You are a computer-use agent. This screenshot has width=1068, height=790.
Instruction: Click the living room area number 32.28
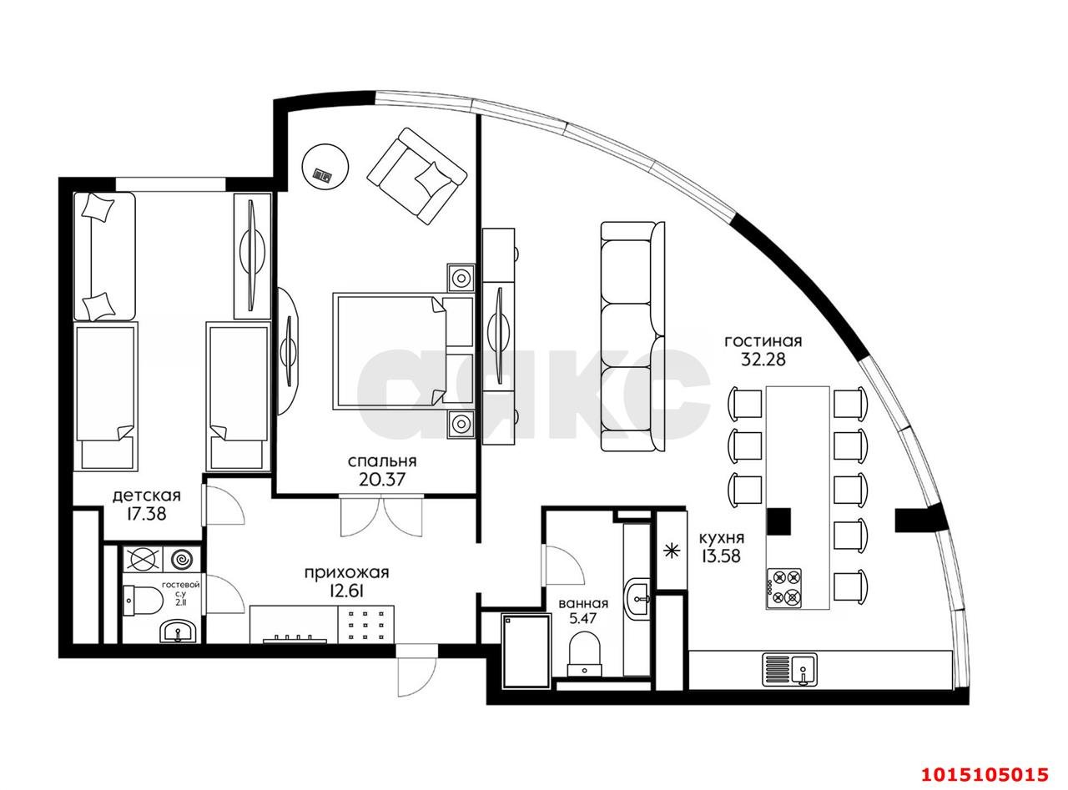click(x=763, y=360)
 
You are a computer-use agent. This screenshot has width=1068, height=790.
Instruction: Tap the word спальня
click(x=382, y=461)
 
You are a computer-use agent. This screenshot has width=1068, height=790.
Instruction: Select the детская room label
click(x=146, y=496)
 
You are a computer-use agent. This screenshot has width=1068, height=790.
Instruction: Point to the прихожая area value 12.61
click(x=346, y=591)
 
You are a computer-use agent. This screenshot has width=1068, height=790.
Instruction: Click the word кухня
click(x=721, y=537)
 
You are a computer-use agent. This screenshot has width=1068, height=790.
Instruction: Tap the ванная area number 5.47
click(x=583, y=617)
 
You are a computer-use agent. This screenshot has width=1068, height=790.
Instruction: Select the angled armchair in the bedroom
click(x=416, y=175)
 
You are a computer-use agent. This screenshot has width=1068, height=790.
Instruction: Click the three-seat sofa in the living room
click(x=632, y=336)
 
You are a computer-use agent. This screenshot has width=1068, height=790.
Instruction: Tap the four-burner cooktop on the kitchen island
click(x=784, y=586)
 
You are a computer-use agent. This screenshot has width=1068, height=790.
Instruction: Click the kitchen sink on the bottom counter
click(x=789, y=669)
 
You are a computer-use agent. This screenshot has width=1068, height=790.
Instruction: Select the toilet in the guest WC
click(x=142, y=599)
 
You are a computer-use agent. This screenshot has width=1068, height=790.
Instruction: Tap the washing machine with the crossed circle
click(x=144, y=560)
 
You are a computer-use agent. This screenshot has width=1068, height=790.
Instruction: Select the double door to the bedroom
click(x=381, y=516)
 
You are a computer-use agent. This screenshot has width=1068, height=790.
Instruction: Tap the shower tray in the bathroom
click(x=526, y=651)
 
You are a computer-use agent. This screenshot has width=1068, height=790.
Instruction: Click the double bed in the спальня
click(x=403, y=351)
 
